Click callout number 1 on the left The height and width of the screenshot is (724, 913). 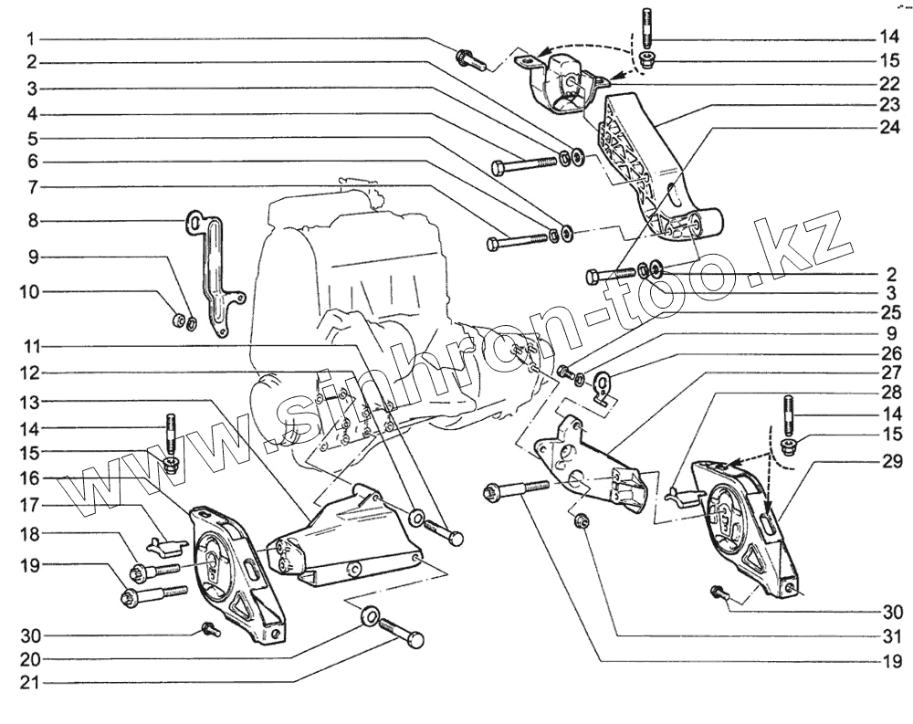pyautogui.click(x=30, y=39)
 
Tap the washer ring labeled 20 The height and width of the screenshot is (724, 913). pyautogui.click(x=371, y=615)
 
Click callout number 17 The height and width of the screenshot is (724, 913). pyautogui.click(x=30, y=503)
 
